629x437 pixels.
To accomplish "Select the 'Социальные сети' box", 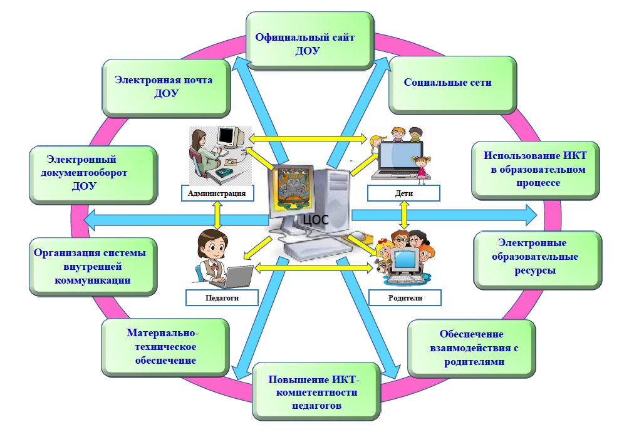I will (448, 83).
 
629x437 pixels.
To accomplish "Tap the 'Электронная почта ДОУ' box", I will (164, 87).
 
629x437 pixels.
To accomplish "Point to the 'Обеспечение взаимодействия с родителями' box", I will (470, 348).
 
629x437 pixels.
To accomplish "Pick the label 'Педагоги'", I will (222, 297).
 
